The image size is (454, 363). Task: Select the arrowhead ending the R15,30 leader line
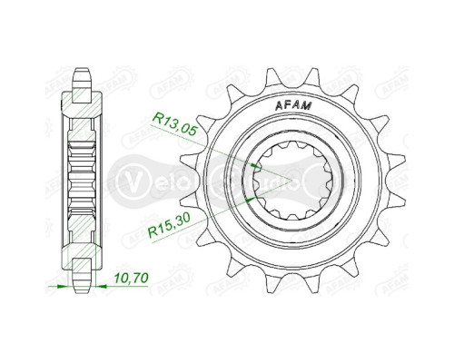(x=250, y=195)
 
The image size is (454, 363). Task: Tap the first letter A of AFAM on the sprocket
(x=276, y=107)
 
